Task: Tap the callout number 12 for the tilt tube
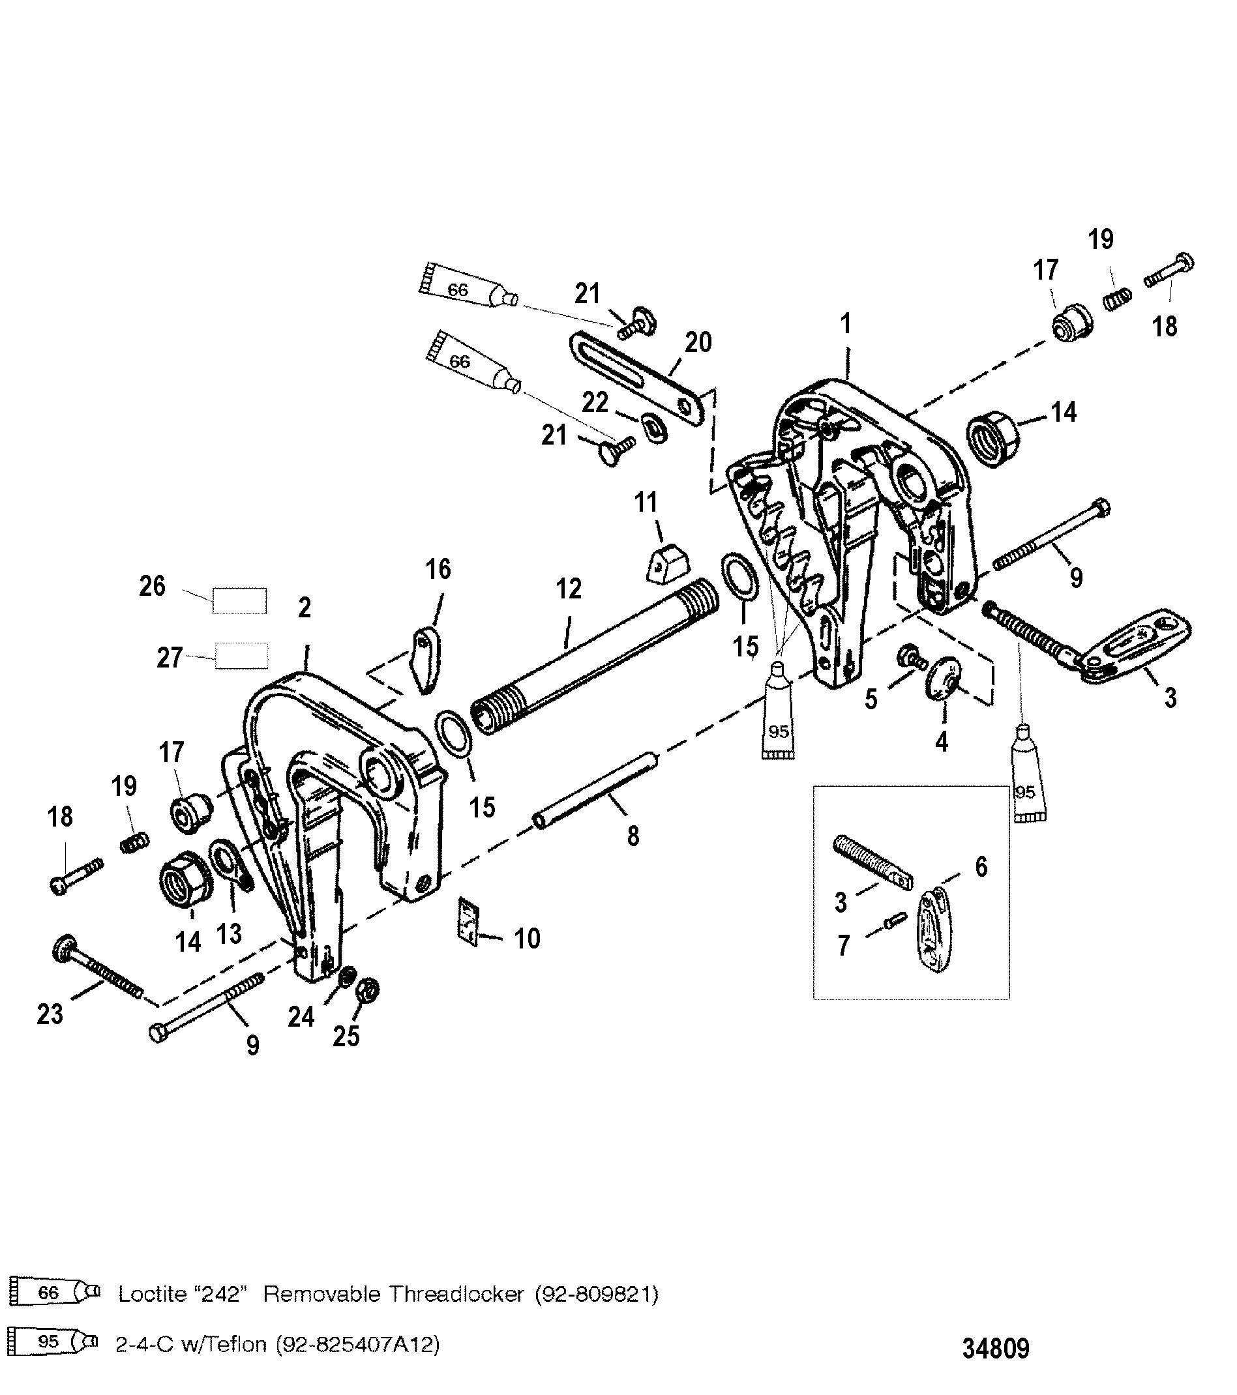point(569,588)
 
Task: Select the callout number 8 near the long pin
point(633,836)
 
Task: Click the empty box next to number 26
point(239,600)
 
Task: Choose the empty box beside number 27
point(241,655)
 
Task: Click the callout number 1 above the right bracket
point(846,323)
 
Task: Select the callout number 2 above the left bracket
point(305,607)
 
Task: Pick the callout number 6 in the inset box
point(981,867)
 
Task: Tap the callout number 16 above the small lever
point(438,568)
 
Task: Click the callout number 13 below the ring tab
point(229,933)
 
